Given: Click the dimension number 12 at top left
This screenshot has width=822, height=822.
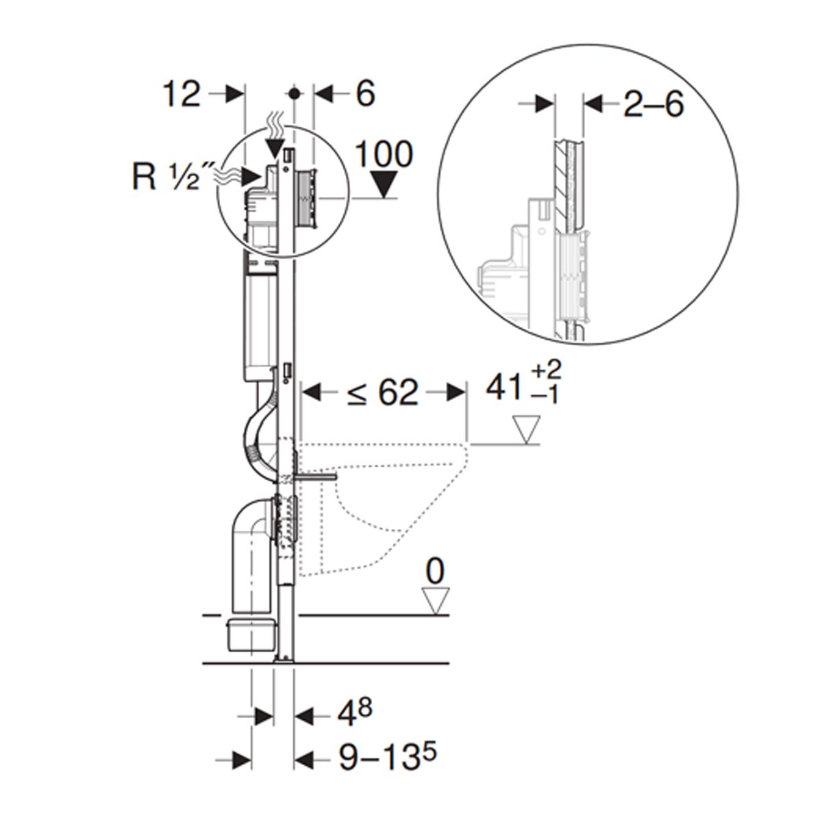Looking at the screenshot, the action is (182, 95).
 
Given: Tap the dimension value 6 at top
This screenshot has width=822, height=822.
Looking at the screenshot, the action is (366, 93).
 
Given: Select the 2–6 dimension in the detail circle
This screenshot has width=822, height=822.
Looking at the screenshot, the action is (654, 104).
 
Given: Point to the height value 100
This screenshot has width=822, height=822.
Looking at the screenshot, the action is (384, 154).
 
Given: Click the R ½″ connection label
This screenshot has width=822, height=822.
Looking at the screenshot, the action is (166, 177).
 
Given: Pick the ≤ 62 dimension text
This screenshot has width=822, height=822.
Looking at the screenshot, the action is (382, 393).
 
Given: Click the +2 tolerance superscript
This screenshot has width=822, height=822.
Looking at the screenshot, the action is (546, 369).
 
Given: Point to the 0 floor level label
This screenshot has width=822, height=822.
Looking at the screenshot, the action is (435, 572).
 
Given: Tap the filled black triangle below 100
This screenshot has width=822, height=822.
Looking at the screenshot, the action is (384, 184).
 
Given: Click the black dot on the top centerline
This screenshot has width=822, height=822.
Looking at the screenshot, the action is (293, 94).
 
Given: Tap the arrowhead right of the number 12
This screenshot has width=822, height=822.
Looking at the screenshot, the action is (235, 95).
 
